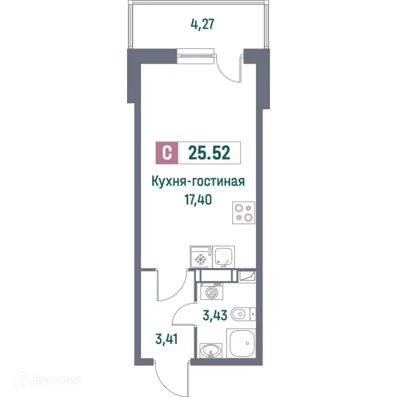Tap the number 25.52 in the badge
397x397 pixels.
pos(208,154)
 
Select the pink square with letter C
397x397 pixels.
pos(167,154)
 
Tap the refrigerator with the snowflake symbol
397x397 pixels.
pos(200,257)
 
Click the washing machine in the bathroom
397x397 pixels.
pos(212,291)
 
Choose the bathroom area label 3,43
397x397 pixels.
pos(215,316)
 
